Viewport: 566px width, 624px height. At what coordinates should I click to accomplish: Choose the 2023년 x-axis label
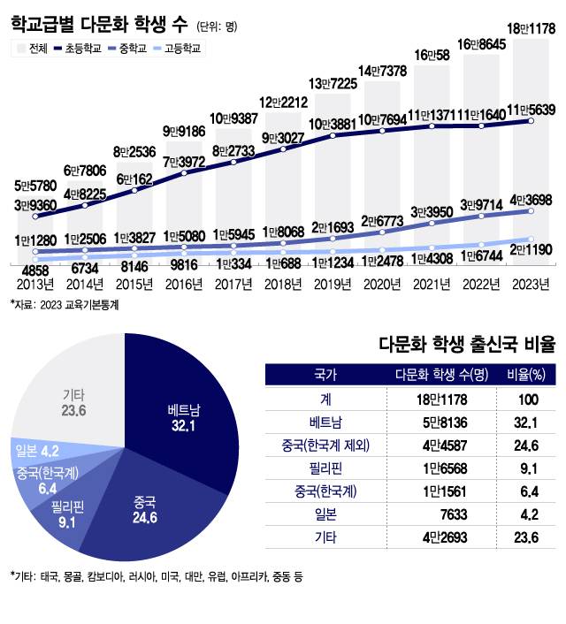pyautogui.click(x=531, y=284)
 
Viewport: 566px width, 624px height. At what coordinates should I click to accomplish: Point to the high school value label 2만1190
pyautogui.click(x=531, y=250)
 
